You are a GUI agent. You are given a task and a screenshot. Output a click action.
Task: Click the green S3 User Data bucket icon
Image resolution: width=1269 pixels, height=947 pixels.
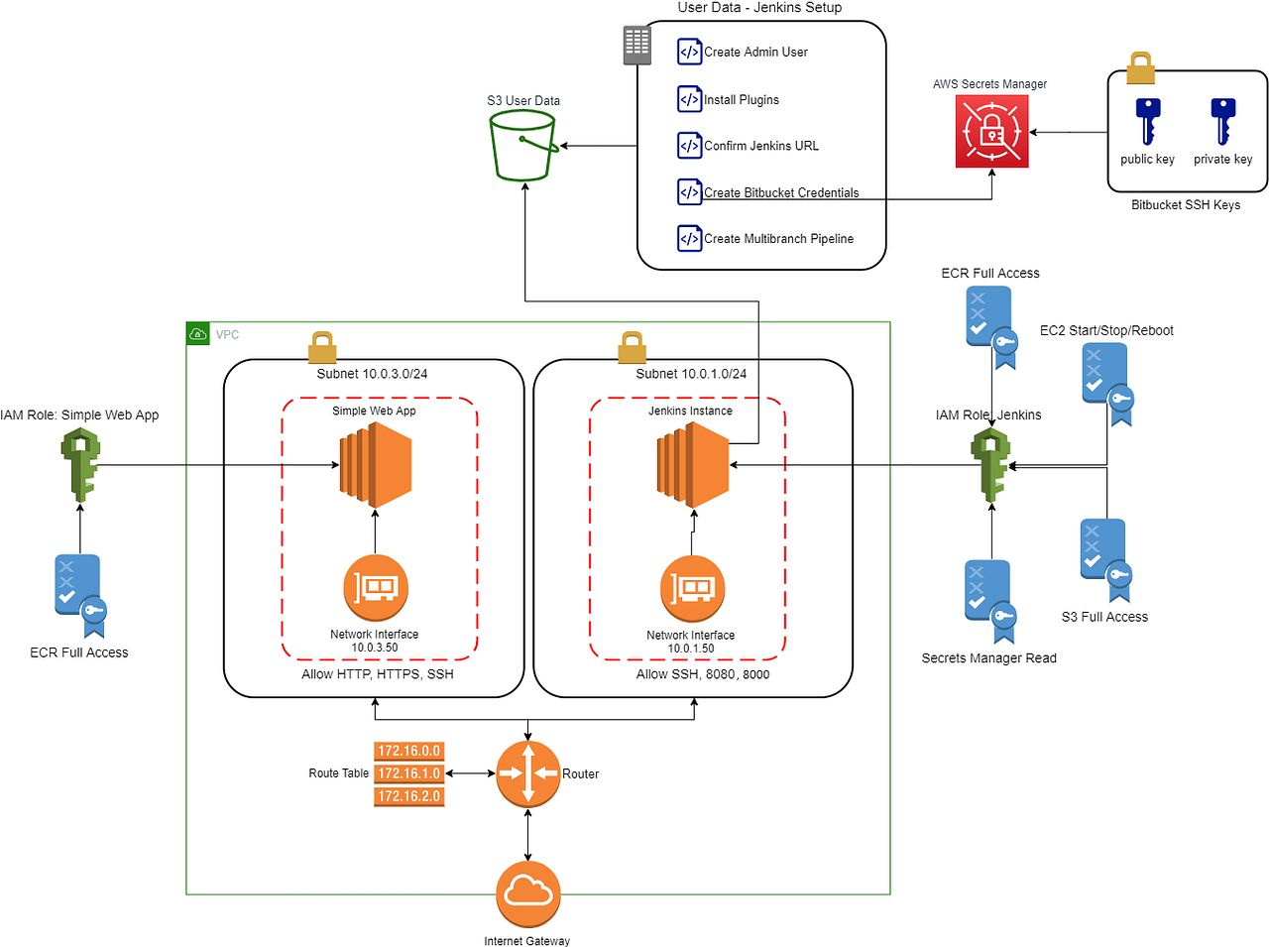[x=522, y=146]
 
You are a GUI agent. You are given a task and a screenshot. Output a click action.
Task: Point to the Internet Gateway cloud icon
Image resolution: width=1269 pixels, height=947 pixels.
[x=527, y=893]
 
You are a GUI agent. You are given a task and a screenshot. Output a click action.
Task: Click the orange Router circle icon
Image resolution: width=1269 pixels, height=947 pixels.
[x=527, y=773]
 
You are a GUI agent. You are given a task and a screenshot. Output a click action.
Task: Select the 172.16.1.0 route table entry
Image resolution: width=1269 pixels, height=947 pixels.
[x=409, y=773]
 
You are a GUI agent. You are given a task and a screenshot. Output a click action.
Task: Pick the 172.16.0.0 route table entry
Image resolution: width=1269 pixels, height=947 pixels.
[x=409, y=751]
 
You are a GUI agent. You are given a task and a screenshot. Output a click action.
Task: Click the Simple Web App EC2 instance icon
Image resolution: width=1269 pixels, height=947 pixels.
[x=376, y=465]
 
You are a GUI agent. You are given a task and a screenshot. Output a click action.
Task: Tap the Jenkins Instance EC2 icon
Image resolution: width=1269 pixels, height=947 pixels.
[x=693, y=465]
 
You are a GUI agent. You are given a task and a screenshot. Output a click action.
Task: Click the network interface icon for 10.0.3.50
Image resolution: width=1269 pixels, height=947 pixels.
[x=376, y=588]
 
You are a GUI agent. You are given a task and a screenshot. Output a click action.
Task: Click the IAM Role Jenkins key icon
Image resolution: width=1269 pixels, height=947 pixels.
[x=990, y=464]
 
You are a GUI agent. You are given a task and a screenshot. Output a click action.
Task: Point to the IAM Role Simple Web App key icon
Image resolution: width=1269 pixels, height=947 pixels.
[x=80, y=465]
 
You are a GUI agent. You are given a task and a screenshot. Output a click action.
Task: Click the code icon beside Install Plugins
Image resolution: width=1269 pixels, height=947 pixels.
[x=690, y=99]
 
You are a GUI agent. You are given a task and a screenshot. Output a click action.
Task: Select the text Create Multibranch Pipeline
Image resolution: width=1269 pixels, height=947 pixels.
[x=778, y=239]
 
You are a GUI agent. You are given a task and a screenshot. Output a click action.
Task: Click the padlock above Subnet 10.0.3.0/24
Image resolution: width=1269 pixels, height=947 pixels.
[x=322, y=348]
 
